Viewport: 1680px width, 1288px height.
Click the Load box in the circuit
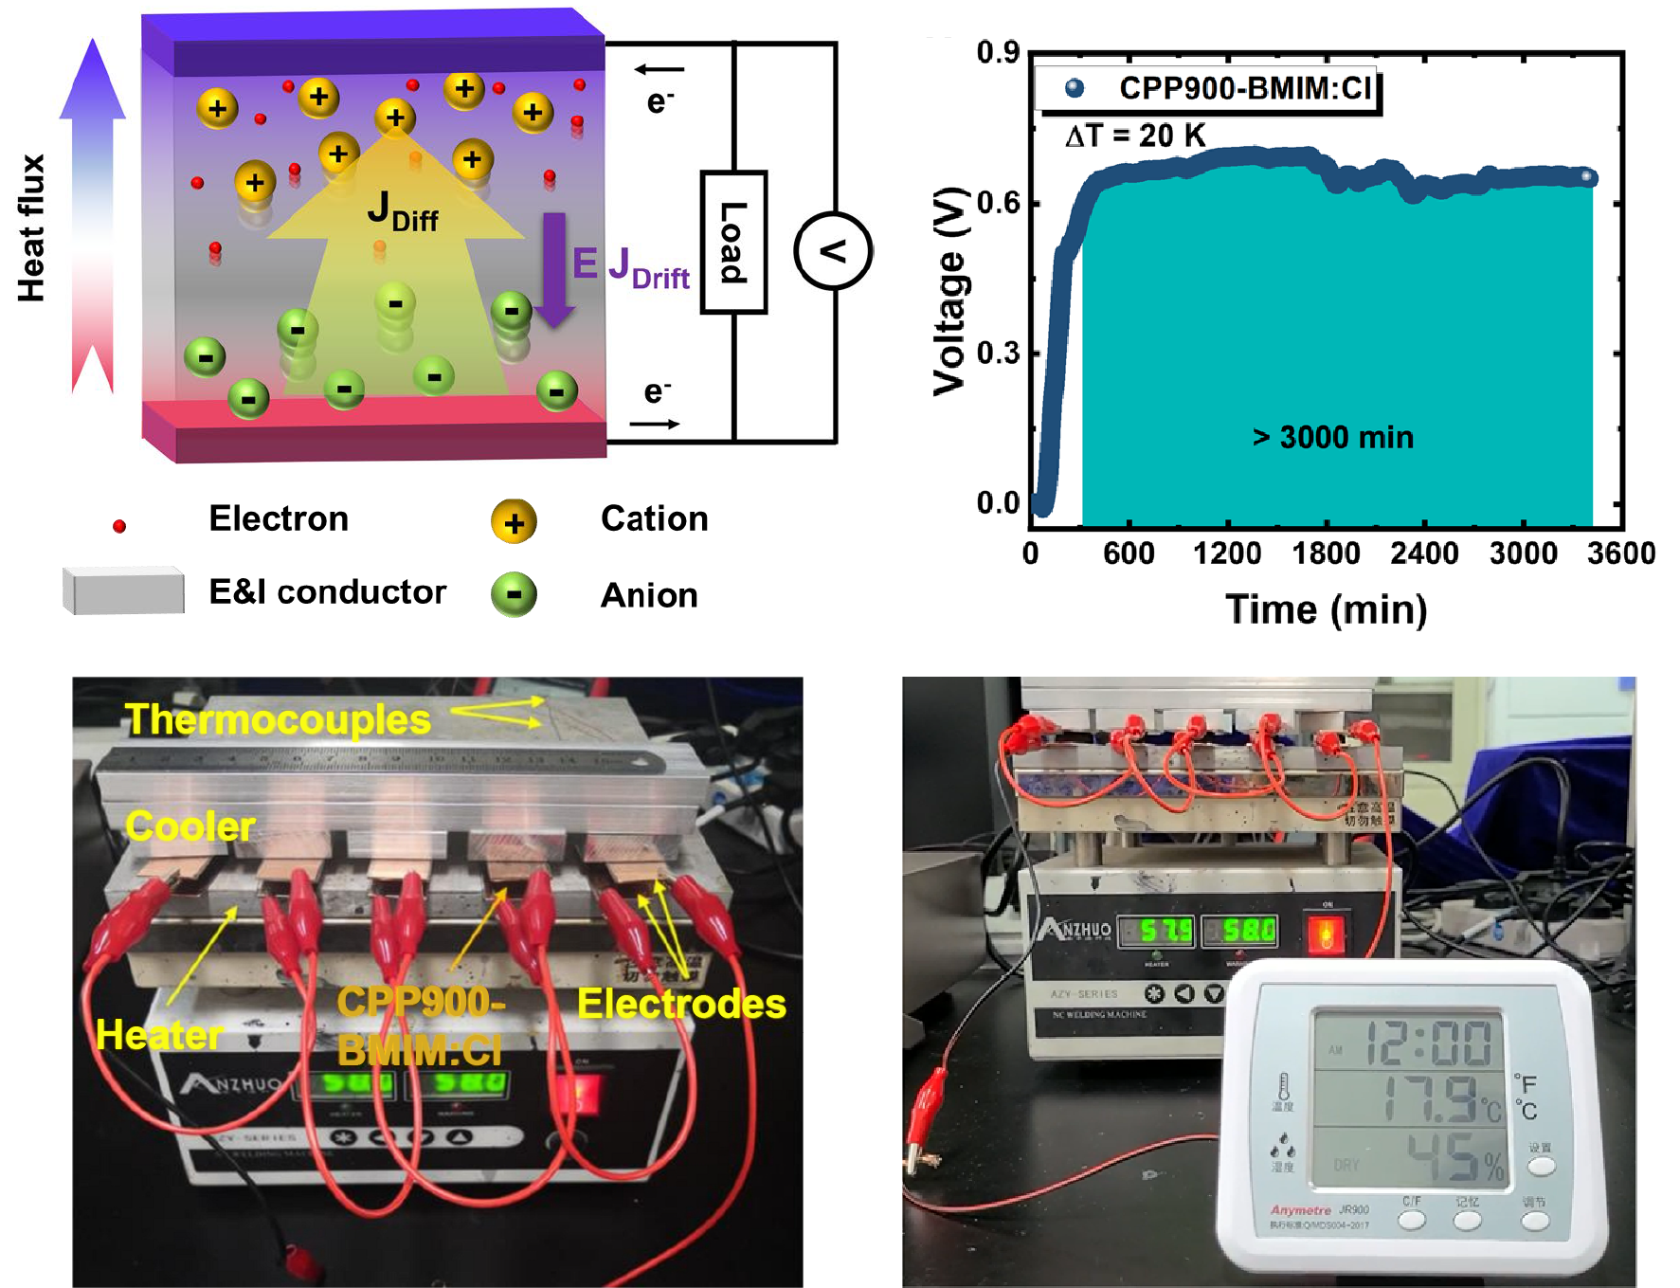(x=732, y=243)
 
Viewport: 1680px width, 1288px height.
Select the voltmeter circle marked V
(x=832, y=251)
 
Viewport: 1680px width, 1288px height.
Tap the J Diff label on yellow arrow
(x=402, y=211)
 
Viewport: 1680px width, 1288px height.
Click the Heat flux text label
(x=31, y=227)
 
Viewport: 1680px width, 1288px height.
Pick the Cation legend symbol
(x=514, y=522)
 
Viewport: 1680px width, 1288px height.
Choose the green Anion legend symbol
(x=514, y=595)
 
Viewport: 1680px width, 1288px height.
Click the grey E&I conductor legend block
(x=123, y=591)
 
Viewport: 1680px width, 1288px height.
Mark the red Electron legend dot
(x=119, y=526)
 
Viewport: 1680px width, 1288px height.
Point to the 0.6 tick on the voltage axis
(x=998, y=202)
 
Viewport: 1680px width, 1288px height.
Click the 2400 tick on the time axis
(x=1424, y=553)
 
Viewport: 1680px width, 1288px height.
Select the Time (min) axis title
(x=1326, y=609)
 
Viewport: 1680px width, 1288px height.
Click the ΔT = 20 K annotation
(x=1135, y=136)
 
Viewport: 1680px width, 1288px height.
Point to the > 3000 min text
(x=1333, y=437)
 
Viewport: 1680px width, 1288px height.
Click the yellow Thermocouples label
(x=278, y=719)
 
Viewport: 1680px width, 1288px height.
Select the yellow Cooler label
(x=190, y=826)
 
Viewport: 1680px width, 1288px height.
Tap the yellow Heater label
(x=159, y=1035)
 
